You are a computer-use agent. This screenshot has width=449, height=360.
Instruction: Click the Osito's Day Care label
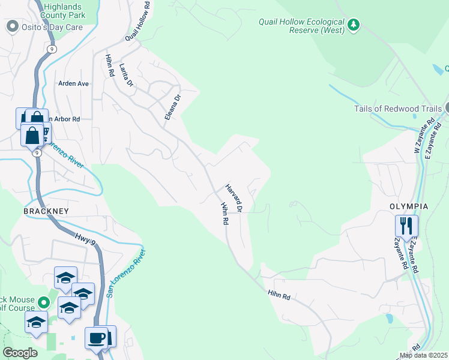[52, 26]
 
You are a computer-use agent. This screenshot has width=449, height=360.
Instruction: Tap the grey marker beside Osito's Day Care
[11, 26]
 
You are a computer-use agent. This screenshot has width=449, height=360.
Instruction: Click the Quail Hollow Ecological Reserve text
[301, 25]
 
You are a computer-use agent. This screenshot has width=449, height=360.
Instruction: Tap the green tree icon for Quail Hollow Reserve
[355, 25]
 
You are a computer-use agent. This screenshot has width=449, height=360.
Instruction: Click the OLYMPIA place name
[408, 206]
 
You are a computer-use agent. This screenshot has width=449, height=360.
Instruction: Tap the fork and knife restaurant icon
[406, 226]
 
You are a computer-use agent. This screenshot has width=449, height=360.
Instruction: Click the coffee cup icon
[97, 338]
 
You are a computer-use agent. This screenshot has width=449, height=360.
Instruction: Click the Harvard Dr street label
[233, 199]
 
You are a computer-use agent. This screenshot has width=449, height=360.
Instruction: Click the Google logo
[20, 353]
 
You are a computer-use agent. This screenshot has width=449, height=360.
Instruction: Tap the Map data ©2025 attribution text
[423, 355]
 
